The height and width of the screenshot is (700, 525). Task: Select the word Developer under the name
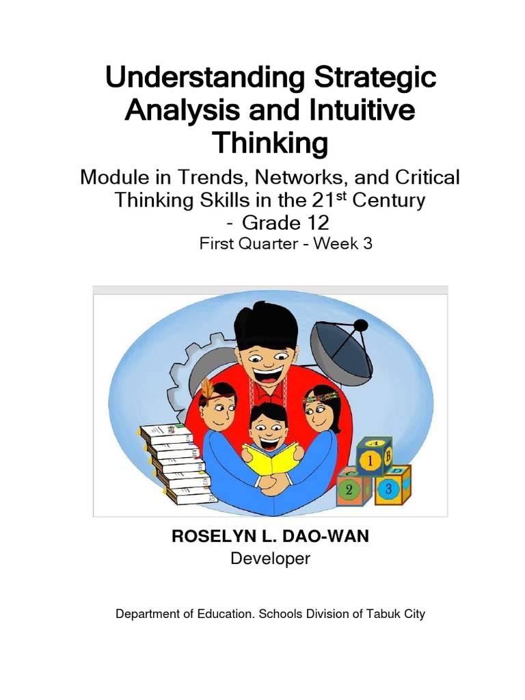point(270,558)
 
